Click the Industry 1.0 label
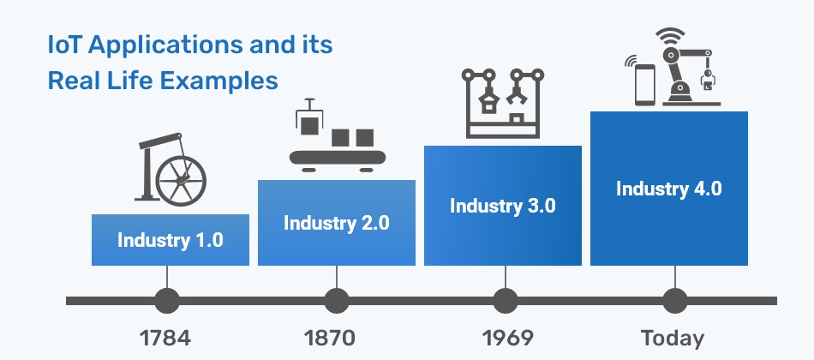point(171,240)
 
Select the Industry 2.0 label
point(337,223)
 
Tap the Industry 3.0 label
point(502,206)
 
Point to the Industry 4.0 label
point(668,189)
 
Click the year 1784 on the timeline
point(165,339)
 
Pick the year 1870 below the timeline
point(330,339)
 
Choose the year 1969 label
point(507,339)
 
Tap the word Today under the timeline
point(673,339)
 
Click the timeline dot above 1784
point(167,301)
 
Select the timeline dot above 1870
point(337,301)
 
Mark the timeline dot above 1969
point(506,301)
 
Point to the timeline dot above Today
point(675,301)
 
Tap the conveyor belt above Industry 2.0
point(338,158)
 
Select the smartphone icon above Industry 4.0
point(645,85)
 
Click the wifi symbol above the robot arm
point(670,36)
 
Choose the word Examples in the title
point(219,82)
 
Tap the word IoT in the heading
point(65,45)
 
